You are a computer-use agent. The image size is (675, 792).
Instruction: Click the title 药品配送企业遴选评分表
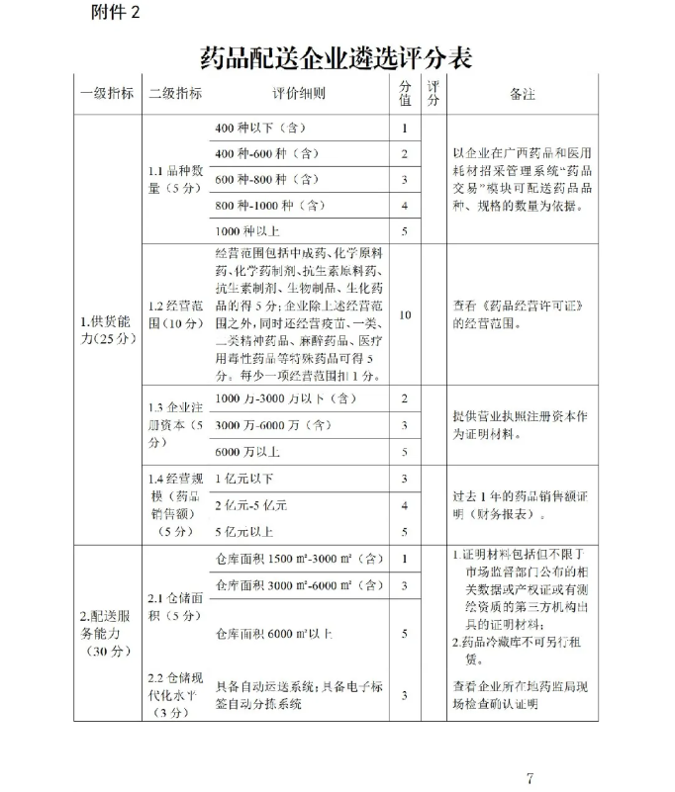click(x=336, y=57)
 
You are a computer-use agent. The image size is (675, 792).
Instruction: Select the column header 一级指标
click(x=107, y=95)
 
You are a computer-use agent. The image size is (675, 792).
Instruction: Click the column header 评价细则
click(x=299, y=95)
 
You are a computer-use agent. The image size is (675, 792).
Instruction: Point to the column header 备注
click(x=522, y=95)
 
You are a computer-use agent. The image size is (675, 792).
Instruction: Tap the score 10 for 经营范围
click(x=405, y=314)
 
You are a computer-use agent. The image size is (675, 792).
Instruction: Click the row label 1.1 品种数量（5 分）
click(x=174, y=179)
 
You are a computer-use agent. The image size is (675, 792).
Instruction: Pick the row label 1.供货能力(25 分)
click(x=108, y=330)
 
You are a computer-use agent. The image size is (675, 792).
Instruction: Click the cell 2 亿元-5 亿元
click(x=250, y=505)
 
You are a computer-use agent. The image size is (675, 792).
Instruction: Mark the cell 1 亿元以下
click(x=244, y=480)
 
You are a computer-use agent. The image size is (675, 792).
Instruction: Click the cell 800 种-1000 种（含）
click(x=269, y=205)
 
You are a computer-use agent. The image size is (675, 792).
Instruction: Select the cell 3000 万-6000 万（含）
click(x=273, y=425)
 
